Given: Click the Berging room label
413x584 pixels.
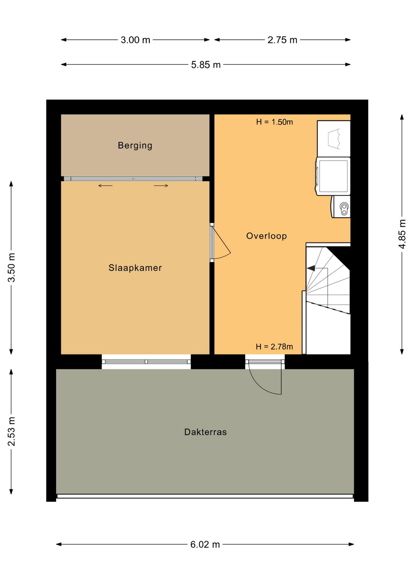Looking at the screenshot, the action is [135, 145].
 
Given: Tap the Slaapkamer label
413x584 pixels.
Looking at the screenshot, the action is [135, 268].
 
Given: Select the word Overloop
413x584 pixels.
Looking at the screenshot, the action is [266, 236].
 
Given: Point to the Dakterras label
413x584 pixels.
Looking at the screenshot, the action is [206, 432].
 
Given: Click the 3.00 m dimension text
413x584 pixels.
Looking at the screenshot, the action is [135, 40].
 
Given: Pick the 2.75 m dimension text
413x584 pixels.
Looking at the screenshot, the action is [282, 40].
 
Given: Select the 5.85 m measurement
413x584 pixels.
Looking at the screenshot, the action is [206, 65].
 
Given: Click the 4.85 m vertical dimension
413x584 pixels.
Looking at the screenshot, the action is [402, 234].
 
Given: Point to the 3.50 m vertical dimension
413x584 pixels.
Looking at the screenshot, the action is [11, 268].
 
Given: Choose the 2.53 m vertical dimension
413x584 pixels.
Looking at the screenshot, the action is [11, 432].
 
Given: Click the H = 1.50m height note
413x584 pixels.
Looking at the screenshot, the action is [274, 122].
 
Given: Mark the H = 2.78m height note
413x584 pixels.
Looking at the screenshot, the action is [274, 347].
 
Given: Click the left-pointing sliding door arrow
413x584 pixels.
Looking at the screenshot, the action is [105, 186].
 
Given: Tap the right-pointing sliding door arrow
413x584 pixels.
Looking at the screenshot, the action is [161, 186].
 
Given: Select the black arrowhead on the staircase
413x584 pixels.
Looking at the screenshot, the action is [311, 268].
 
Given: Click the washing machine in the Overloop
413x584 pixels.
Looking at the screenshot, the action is [333, 176].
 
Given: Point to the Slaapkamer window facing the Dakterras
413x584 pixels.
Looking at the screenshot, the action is [146, 362].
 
